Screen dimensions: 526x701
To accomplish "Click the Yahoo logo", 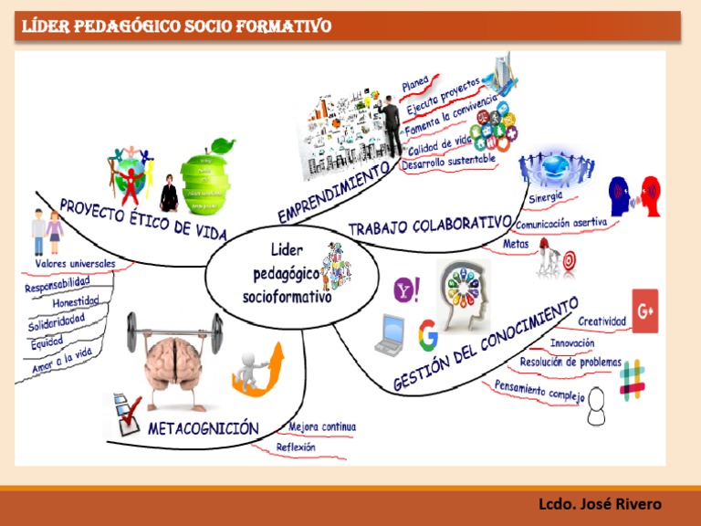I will click(406, 290).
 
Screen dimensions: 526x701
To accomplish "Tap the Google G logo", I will click(426, 335).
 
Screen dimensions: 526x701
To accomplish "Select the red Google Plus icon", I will click(645, 311).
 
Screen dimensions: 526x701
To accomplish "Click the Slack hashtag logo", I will click(632, 379).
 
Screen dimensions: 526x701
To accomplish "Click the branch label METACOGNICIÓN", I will click(203, 428).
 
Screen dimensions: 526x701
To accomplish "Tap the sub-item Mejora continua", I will click(322, 426).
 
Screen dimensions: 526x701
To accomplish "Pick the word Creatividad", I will click(602, 321).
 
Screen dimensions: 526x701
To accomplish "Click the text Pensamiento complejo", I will click(539, 392).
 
